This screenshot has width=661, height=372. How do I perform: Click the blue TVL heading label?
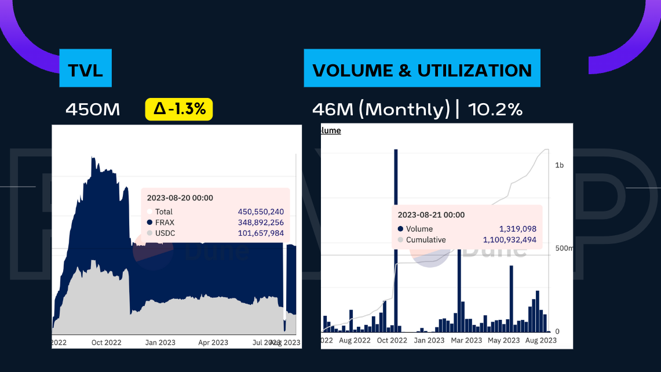[x=85, y=70]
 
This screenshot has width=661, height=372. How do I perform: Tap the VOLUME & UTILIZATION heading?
[x=422, y=70]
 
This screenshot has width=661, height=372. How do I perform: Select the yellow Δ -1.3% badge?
[x=179, y=109]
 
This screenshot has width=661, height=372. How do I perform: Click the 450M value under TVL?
[x=93, y=109]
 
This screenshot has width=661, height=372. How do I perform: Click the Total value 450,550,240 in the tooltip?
[x=261, y=212]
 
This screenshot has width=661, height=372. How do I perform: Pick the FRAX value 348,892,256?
[x=261, y=223]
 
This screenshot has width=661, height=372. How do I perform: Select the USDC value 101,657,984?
[x=261, y=233]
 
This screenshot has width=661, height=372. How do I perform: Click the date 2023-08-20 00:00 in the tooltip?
[x=180, y=198]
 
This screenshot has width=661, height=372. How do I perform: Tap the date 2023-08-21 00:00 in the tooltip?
[x=431, y=215]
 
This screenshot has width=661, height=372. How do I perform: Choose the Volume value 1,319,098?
[x=517, y=229]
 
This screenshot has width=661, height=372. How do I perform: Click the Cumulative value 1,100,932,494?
[x=509, y=240]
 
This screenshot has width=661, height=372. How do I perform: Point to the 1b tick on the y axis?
[x=559, y=166]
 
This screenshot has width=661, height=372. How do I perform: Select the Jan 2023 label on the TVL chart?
[x=158, y=342]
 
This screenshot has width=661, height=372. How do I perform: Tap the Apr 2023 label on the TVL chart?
[x=212, y=342]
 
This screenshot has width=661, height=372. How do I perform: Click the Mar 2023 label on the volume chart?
[x=466, y=340]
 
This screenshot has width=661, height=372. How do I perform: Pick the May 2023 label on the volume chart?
[x=503, y=340]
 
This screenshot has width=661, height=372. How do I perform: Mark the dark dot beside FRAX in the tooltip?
[x=149, y=223]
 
